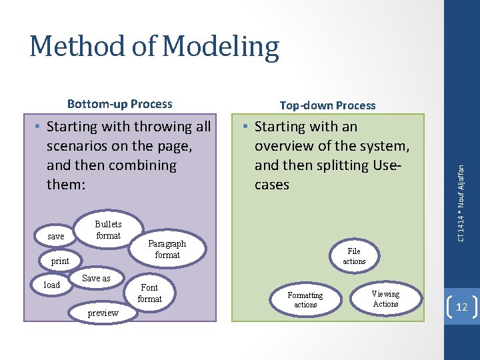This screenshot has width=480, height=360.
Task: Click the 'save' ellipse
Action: tap(56, 237)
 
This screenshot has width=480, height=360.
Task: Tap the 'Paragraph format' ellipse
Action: tap(167, 249)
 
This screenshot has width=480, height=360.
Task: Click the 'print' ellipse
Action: tap(60, 261)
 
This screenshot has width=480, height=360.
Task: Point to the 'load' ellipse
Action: tap(51, 285)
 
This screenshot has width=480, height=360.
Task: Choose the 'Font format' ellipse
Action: tap(149, 293)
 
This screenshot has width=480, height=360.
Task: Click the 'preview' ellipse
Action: tap(103, 313)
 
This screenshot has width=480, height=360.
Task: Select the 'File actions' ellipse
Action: tap(354, 256)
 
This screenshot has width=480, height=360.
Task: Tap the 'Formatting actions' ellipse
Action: tap(305, 299)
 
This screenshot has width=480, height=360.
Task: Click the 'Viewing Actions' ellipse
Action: tap(385, 299)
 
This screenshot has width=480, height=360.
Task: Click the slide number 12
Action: tap(461, 306)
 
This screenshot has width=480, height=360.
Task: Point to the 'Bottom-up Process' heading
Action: tap(120, 103)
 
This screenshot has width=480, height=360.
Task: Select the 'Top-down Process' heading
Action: tap(327, 105)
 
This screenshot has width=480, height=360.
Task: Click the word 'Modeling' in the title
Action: tap(220, 47)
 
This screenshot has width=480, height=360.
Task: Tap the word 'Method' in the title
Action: tap(77, 47)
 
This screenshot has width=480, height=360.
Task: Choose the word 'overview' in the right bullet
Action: tap(285, 145)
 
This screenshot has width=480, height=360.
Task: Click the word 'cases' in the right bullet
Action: tap(271, 184)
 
